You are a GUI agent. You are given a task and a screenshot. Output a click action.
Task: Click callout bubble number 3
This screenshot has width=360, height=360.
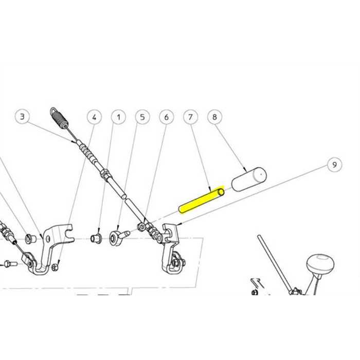[x=22, y=117]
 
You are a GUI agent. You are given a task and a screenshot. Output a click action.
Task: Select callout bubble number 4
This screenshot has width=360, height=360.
[x=94, y=118]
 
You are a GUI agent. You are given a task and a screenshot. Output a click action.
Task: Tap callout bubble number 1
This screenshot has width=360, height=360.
[x=118, y=118]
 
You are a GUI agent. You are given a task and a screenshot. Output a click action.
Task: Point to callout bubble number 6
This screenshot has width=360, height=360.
[x=166, y=118]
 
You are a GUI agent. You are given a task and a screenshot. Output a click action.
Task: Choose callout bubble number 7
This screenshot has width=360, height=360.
[x=190, y=118]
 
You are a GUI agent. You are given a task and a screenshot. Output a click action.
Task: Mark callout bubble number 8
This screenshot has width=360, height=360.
[x=214, y=118]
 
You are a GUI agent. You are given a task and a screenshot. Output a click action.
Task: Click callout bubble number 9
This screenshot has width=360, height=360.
[x=334, y=165]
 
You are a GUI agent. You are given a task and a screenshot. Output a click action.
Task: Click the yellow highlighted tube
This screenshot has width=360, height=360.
[x=201, y=201]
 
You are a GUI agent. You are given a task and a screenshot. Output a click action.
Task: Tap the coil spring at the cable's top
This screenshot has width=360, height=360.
[x=61, y=119]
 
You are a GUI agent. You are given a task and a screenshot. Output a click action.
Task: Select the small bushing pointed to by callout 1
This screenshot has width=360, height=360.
[x=95, y=239]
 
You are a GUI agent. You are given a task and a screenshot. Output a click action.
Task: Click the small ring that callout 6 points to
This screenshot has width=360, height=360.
[x=140, y=226]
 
